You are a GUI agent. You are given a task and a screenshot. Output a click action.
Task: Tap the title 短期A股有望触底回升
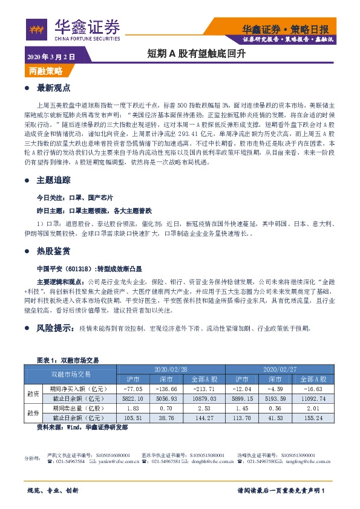[188, 53]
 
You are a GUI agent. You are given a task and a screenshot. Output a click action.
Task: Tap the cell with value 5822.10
[131, 398]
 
